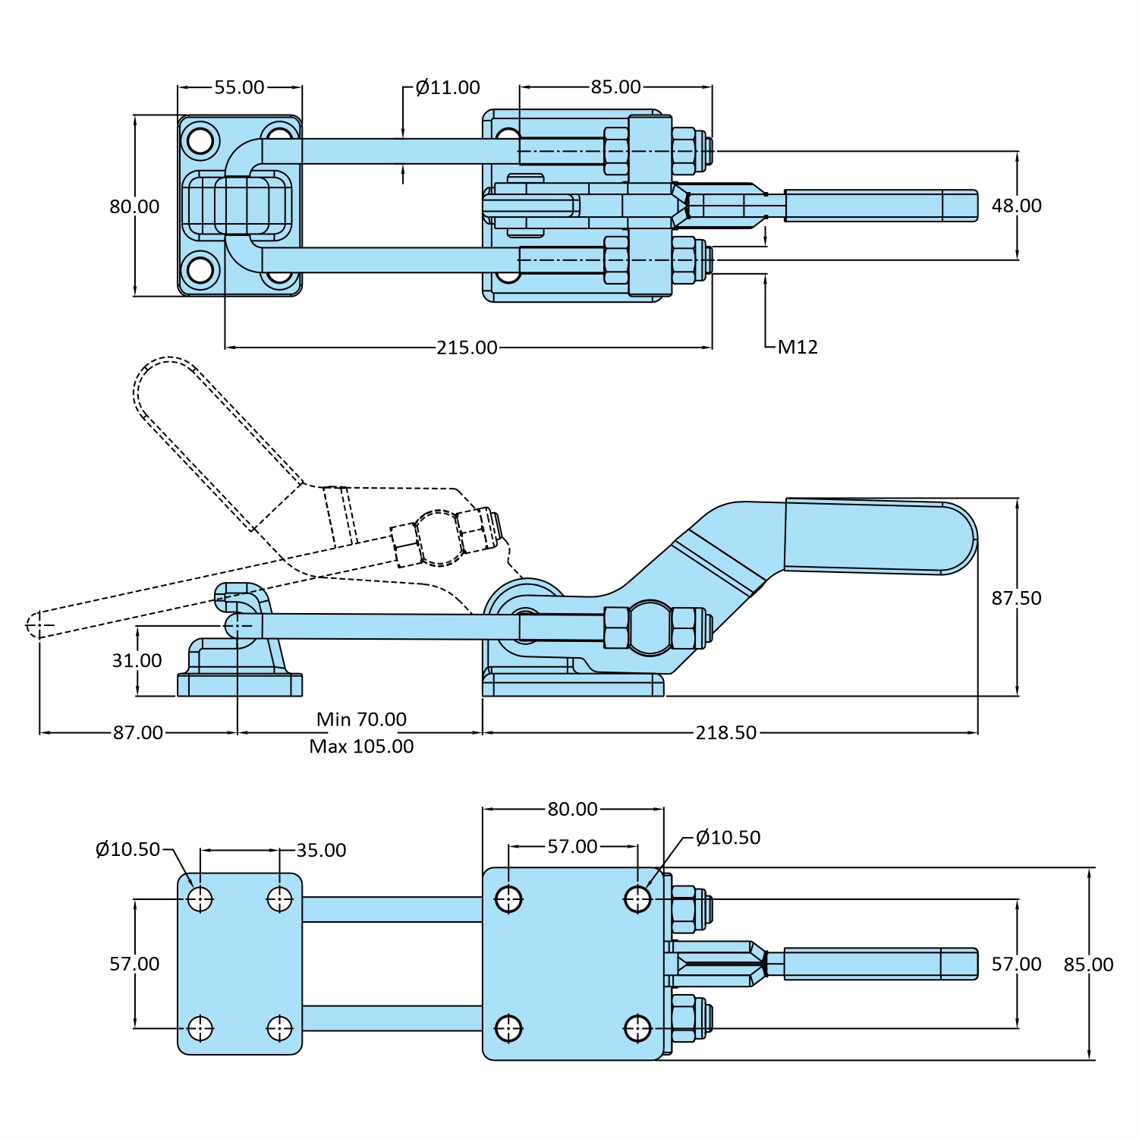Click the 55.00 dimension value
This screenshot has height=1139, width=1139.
tap(239, 87)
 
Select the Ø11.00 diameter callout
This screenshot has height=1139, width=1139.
tap(448, 87)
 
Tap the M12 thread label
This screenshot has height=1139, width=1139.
tap(798, 347)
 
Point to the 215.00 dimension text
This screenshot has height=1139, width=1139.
tap(467, 348)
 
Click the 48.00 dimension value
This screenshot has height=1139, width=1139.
tap(1016, 206)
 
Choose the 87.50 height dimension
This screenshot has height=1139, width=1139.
tap(1016, 598)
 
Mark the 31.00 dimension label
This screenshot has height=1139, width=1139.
tap(137, 660)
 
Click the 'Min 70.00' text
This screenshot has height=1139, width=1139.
tap(361, 719)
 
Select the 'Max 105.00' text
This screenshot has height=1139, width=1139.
tap(361, 746)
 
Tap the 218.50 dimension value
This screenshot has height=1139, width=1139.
tap(725, 732)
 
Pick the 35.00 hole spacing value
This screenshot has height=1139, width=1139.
tap(321, 850)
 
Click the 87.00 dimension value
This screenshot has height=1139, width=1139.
tap(137, 732)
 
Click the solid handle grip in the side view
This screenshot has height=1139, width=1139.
tap(880, 536)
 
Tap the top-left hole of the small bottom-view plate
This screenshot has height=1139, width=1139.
tap(200, 899)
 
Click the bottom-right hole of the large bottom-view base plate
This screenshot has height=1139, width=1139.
tap(637, 1029)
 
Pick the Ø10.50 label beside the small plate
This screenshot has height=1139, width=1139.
tap(127, 849)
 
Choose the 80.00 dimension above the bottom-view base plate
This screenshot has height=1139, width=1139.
tap(572, 809)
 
